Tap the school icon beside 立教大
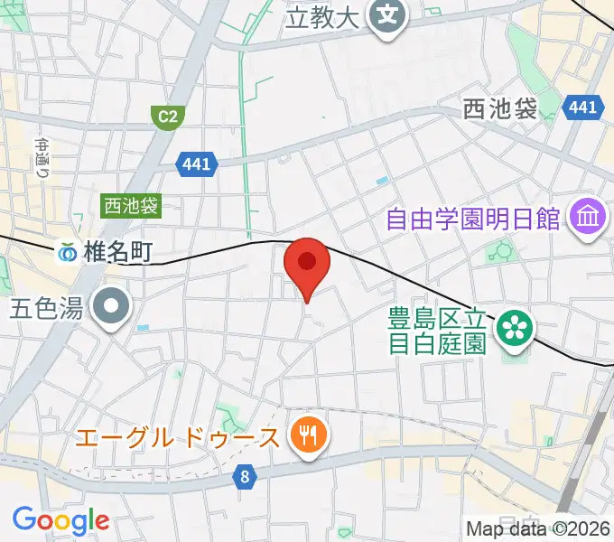[388, 16]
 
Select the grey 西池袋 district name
[499, 109]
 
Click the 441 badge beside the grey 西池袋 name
[582, 107]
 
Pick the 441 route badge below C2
[196, 164]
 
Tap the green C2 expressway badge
[165, 116]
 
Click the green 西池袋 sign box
[131, 206]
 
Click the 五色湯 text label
[47, 309]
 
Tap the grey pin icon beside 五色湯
[112, 308]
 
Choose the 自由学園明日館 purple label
[474, 219]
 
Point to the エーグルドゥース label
[178, 438]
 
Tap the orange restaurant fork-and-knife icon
[309, 437]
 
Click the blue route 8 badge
[244, 478]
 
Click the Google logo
[60, 520]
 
